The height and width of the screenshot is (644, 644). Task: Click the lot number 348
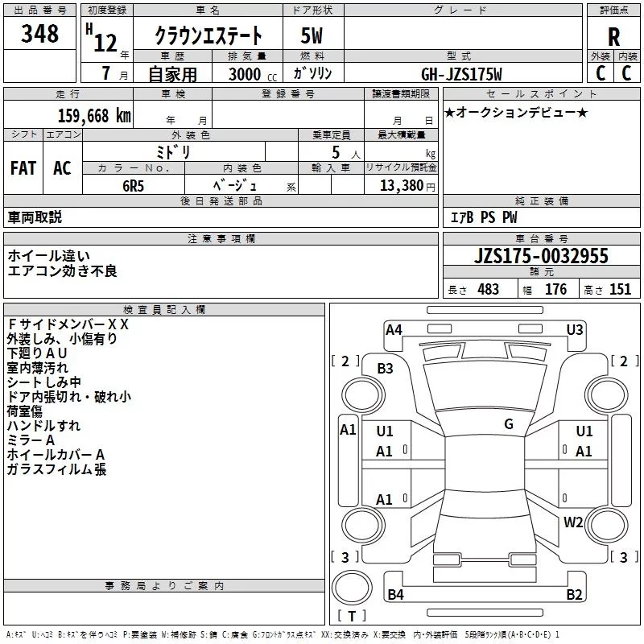point(40,35)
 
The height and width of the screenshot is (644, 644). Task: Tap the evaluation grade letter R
point(614,37)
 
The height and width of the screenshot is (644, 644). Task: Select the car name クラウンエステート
point(208,36)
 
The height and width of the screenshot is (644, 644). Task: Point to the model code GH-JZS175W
point(462,74)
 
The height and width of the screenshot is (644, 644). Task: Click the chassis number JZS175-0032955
point(541,257)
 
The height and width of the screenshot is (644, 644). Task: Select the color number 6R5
point(133,184)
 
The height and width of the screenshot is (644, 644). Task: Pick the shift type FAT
point(23,168)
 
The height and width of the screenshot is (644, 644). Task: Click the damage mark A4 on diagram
point(394,329)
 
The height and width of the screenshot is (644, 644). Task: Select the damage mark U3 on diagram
point(575,329)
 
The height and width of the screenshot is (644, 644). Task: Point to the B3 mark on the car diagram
point(386,369)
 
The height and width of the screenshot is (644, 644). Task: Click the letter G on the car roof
point(509,423)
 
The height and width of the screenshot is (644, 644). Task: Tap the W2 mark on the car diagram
point(573,522)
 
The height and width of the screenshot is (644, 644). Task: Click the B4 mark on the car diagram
point(395,595)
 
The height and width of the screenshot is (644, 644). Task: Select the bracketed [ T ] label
point(352,617)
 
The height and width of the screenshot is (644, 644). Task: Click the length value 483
point(488,290)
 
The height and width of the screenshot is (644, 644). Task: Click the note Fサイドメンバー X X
point(68,324)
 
